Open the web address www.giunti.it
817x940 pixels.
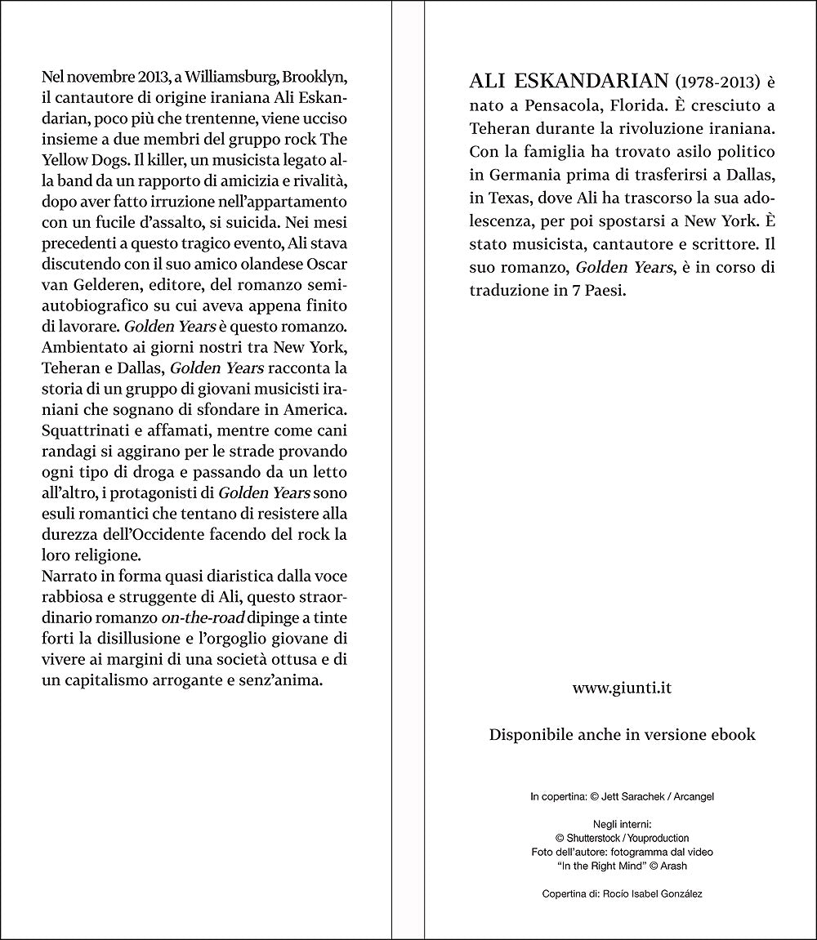tap(622, 688)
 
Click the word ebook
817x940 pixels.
tap(730, 734)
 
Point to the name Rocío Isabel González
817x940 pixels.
tap(654, 893)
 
